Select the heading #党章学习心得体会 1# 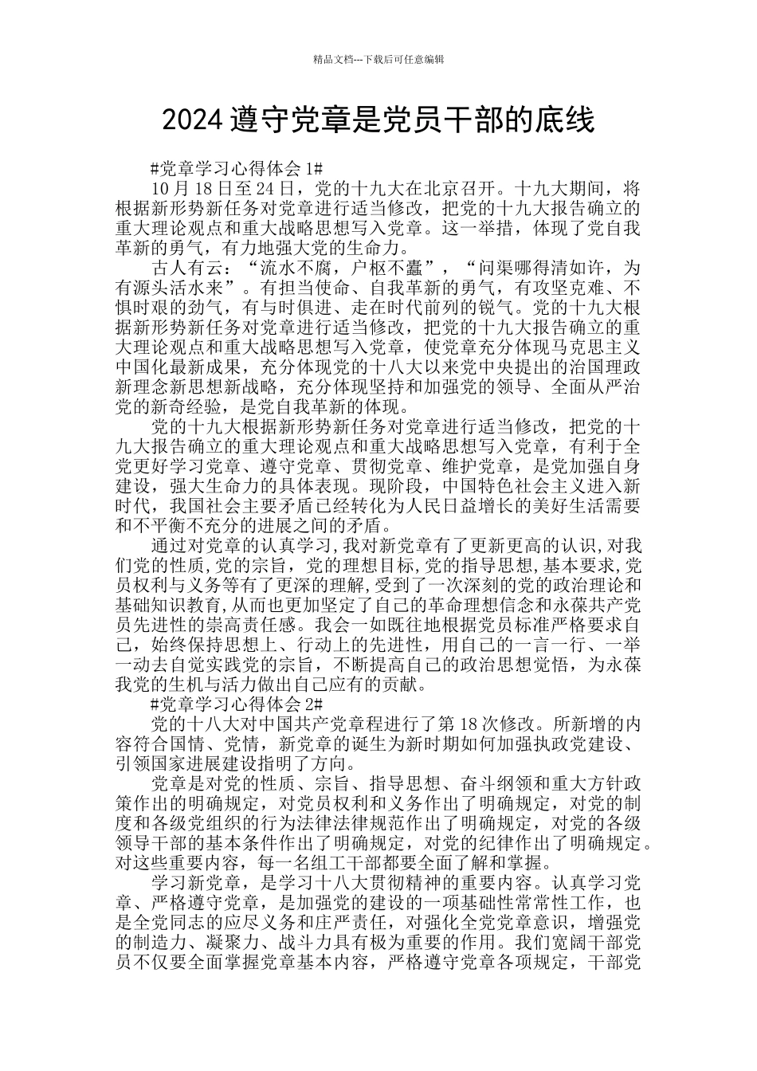(236, 169)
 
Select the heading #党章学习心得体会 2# (236, 704)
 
